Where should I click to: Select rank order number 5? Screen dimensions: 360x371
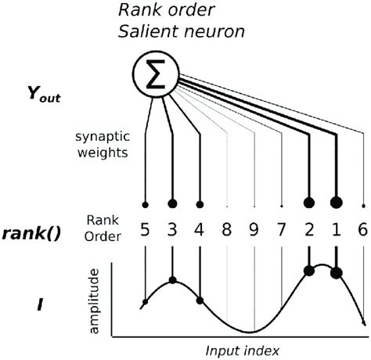pos(145,233)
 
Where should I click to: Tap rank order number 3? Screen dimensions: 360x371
pos(172,233)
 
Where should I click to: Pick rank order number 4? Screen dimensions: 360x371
pos(200,233)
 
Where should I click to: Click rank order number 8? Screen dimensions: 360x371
pos(228,233)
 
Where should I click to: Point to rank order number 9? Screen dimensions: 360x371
pos(254,233)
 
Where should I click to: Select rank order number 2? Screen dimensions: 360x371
pos(309,233)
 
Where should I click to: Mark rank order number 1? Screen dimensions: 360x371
pos(337,233)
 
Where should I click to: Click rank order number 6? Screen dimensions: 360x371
pos(363,233)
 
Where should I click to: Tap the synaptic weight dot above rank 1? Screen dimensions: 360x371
pos(337,202)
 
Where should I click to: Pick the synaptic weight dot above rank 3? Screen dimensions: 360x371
pos(172,204)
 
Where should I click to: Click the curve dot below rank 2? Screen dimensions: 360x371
pos(309,271)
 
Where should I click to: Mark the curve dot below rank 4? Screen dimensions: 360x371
pos(200,301)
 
